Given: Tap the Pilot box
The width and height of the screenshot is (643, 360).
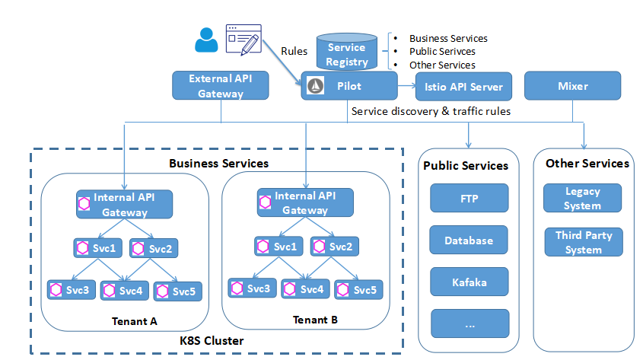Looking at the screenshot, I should pyautogui.click(x=349, y=86).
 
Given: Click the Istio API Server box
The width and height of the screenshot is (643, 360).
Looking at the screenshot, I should pyautogui.click(x=463, y=86).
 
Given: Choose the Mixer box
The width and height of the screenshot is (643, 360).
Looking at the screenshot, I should pyautogui.click(x=573, y=86).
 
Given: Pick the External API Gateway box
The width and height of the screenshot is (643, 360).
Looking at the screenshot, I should pyautogui.click(x=221, y=86).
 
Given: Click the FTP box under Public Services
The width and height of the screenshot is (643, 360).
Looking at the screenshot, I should pyautogui.click(x=469, y=198).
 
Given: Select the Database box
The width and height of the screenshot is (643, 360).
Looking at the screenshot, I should pyautogui.click(x=469, y=241).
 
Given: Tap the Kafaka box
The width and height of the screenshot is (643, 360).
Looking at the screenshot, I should pyautogui.click(x=469, y=282).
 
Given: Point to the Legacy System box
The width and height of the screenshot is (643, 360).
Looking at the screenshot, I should pyautogui.click(x=582, y=198).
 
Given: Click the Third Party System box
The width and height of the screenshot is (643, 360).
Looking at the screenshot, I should pyautogui.click(x=584, y=242).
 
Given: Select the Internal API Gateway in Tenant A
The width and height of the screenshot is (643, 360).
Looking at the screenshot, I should pyautogui.click(x=124, y=204).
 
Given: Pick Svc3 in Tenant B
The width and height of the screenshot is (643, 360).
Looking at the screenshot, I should pyautogui.click(x=250, y=289).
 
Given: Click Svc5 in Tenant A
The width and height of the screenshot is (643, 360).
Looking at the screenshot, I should pyautogui.click(x=177, y=291).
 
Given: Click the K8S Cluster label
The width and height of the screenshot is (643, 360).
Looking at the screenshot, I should pyautogui.click(x=212, y=341).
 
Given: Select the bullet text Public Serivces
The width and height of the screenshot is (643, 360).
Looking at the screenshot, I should pyautogui.click(x=442, y=52).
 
